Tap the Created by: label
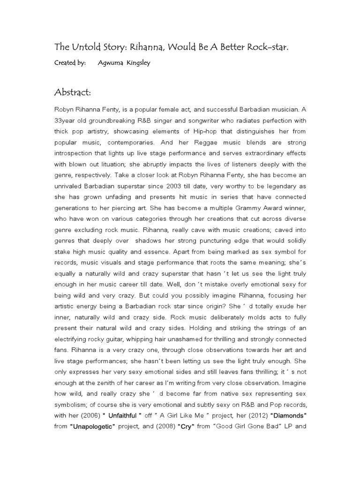point(70,63)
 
